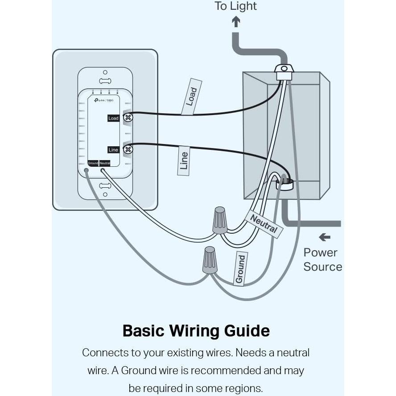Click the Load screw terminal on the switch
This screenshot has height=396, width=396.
tap(128, 118)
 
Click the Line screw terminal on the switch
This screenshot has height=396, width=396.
tap(128, 149)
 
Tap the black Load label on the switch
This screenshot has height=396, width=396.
tap(114, 118)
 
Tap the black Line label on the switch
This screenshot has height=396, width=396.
tap(113, 150)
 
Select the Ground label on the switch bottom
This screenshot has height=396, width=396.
tap(93, 163)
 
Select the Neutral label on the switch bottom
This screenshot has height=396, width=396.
tap(105, 163)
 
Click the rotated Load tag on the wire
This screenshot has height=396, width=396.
tap(192, 97)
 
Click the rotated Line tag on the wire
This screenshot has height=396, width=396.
tap(184, 161)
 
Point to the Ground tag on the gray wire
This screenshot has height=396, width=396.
tap(240, 269)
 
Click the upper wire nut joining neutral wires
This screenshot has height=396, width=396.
tap(220, 220)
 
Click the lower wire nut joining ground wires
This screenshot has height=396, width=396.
tap(210, 260)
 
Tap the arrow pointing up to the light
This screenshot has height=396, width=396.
tap(236, 21)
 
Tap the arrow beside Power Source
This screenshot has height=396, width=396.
tap(325, 238)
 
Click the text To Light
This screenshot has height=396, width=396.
tap(235, 6)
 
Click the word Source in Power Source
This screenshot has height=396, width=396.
tap(322, 267)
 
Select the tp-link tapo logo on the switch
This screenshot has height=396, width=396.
tap(103, 100)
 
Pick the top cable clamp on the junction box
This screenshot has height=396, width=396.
tap(284, 71)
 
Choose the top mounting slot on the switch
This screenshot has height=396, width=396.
tap(105, 81)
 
